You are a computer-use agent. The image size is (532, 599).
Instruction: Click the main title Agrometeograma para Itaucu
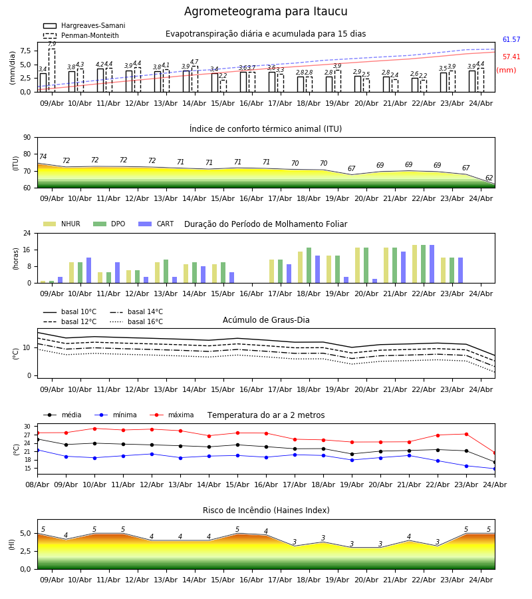point(265,11)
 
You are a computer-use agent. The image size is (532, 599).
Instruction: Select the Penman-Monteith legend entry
point(81,35)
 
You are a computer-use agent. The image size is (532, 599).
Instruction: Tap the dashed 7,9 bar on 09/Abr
point(52,71)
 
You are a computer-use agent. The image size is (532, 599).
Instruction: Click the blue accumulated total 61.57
point(511,39)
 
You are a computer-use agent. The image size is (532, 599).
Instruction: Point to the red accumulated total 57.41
point(511,57)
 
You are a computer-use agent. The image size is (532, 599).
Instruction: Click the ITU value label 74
point(43,156)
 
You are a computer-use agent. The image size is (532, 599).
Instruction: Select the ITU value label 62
point(489,178)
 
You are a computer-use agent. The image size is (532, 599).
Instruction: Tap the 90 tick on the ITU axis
point(27,138)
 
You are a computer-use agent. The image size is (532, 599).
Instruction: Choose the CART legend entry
point(156,224)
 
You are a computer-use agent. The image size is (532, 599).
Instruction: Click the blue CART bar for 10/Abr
point(89,270)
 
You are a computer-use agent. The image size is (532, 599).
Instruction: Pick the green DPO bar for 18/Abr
point(309,266)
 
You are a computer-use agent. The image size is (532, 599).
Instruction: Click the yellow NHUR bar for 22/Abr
point(415,264)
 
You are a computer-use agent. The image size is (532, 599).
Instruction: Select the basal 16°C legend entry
point(136,321)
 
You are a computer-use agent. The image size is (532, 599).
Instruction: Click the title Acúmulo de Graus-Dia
point(266,320)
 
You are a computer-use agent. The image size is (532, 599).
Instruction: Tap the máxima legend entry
point(172,415)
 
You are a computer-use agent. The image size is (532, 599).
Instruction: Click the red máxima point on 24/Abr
point(495,453)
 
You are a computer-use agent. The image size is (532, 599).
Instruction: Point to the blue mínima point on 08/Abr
point(37,450)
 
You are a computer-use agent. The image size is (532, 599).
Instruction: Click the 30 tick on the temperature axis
point(27,427)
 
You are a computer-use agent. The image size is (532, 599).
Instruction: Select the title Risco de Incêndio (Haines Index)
point(266,510)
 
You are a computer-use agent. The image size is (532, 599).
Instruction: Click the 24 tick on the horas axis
point(27,233)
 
